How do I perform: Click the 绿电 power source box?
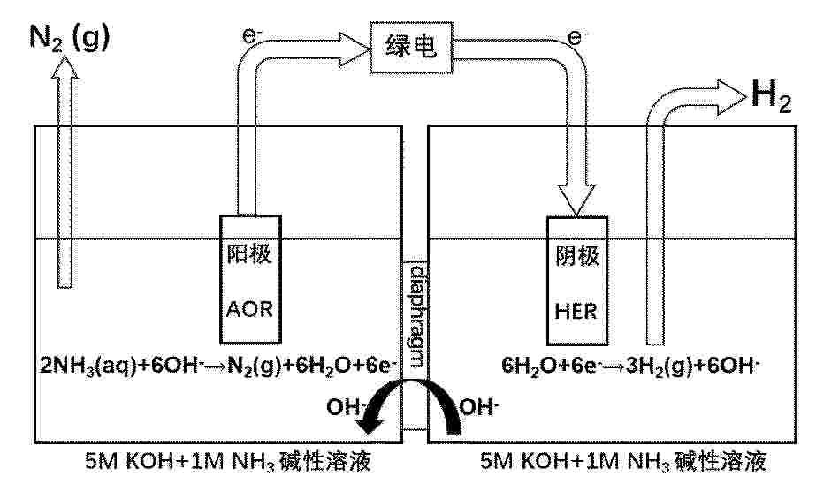411,48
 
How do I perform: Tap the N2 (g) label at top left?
69,38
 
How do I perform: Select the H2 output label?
771,96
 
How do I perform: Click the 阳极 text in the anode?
249,254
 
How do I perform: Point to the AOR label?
250,310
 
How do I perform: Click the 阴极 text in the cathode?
577,256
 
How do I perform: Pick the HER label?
576,312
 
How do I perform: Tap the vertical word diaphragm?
416,316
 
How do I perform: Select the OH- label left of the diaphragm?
344,407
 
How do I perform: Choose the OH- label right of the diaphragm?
479,407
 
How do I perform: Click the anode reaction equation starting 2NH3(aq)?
218,366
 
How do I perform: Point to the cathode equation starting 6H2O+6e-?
630,366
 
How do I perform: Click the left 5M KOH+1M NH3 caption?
228,461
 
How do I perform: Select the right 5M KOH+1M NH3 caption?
623,461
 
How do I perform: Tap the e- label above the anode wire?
252,35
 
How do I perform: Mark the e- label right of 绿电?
577,36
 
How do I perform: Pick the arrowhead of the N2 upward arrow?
65,67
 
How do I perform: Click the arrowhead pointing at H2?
731,97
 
